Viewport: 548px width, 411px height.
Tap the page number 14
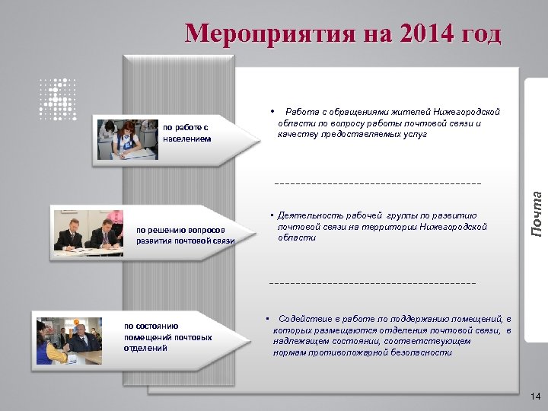[534, 397]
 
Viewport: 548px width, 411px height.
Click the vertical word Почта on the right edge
[537, 211]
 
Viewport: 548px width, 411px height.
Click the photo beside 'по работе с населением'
[126, 139]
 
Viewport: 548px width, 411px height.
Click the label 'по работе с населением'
[186, 133]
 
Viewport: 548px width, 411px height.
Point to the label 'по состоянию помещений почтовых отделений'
[167, 336]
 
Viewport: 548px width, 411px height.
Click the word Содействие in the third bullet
[304, 319]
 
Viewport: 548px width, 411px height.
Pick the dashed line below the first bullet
[378, 183]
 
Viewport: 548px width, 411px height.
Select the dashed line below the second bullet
[373, 283]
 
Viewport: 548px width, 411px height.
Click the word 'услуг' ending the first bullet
[415, 134]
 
